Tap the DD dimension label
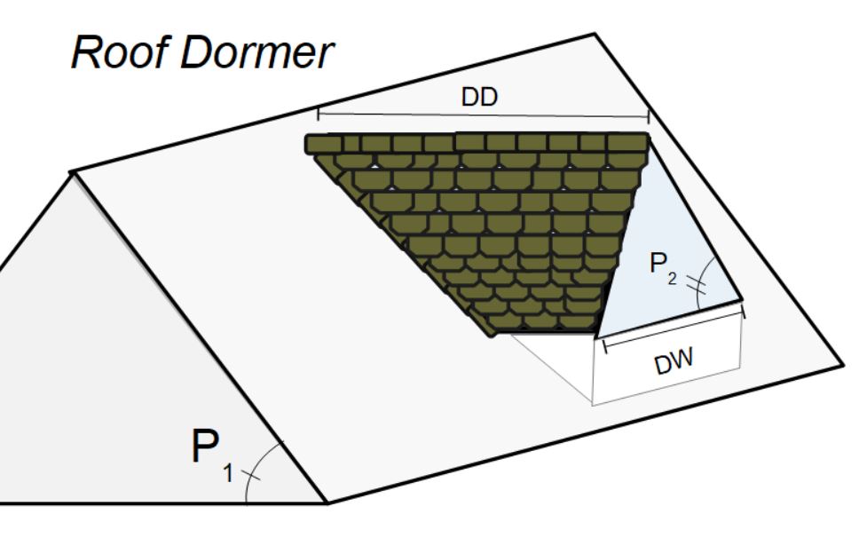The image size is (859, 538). (x=479, y=99)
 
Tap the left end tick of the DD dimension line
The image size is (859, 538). (x=318, y=114)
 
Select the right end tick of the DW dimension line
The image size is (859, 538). (x=743, y=312)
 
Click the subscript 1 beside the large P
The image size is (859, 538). (x=227, y=475)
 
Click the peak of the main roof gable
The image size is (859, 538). (x=72, y=171)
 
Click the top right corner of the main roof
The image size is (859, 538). (x=593, y=35)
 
